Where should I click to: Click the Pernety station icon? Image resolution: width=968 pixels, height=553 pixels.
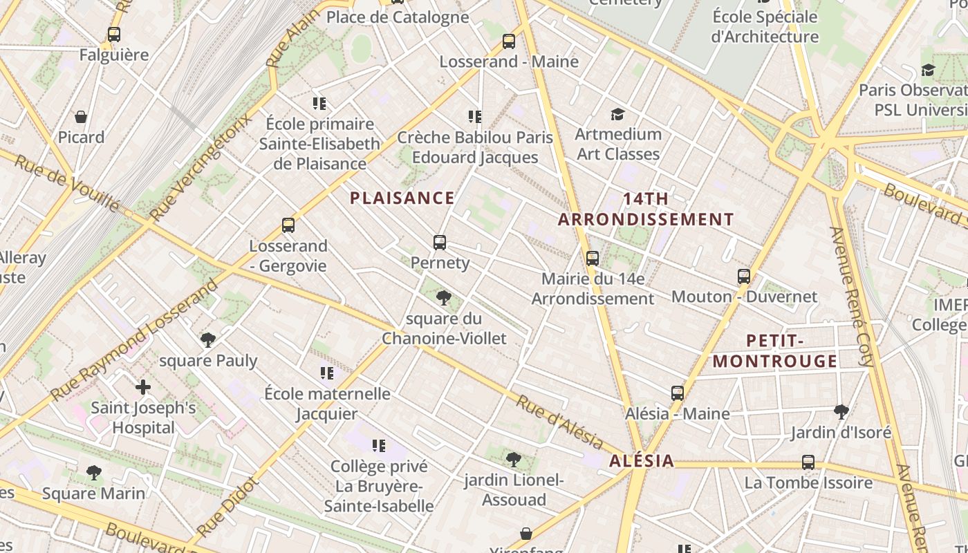(440, 243)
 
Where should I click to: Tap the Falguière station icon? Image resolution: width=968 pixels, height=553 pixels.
(114, 34)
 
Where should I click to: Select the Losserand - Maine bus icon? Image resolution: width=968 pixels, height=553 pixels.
(509, 41)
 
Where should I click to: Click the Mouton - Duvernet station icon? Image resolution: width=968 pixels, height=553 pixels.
(744, 276)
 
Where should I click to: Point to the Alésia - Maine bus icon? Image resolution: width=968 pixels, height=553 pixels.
(678, 393)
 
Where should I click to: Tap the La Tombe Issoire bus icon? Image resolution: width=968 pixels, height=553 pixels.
(808, 462)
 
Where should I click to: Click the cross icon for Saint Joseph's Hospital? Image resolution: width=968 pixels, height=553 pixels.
(143, 387)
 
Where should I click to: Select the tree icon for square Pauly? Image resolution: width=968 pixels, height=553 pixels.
(207, 340)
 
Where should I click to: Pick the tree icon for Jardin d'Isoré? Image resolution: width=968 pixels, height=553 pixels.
(841, 412)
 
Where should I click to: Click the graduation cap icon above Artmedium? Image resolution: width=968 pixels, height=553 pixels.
(617, 114)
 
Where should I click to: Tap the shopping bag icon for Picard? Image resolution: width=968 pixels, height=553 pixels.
(81, 117)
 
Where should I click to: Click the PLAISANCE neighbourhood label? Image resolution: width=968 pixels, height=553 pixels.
(402, 198)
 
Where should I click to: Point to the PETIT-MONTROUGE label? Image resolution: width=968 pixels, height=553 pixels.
(775, 350)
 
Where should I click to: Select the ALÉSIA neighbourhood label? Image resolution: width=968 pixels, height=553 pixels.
(642, 461)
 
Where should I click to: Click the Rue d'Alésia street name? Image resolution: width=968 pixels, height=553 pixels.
(560, 420)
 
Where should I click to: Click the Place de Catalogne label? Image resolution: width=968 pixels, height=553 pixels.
(397, 17)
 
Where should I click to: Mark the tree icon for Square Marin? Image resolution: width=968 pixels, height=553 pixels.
(94, 473)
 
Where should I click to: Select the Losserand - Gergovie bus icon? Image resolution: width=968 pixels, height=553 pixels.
(288, 225)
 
